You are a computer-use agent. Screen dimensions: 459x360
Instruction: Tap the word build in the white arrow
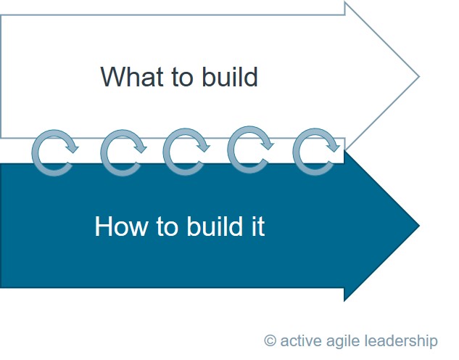click(230, 76)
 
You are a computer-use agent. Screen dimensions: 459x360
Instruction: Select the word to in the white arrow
click(182, 77)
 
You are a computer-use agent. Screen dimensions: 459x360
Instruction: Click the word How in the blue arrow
click(121, 226)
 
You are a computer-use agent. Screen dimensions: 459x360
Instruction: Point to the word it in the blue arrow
click(258, 226)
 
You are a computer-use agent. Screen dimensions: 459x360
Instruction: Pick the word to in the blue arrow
click(168, 226)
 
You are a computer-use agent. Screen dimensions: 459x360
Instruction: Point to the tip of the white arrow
click(420, 76)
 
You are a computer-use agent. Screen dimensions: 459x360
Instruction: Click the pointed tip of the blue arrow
click(420, 226)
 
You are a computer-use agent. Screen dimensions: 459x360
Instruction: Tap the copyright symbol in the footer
click(270, 340)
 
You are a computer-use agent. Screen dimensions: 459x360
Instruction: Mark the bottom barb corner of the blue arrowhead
click(344, 301)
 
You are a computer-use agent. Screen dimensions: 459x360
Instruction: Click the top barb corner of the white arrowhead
click(345, 2)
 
